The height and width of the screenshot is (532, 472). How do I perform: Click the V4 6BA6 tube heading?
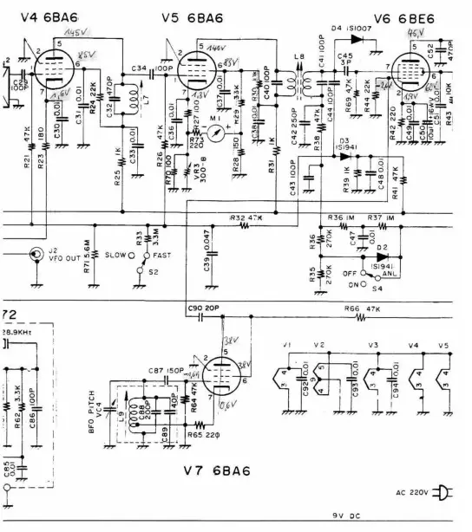pyautogui.click(x=40, y=16)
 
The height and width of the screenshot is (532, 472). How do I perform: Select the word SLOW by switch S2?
pyautogui.click(x=114, y=256)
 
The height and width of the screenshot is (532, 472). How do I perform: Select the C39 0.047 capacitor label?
pyautogui.click(x=209, y=244)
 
